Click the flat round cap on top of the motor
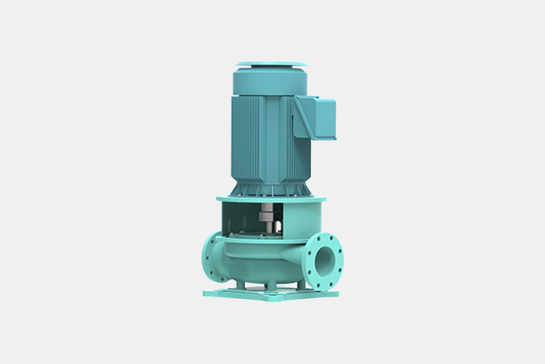coord(271,65)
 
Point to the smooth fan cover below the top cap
coord(270,81)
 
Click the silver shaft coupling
coord(267,218)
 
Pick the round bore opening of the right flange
coord(325,261)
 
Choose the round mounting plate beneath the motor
coord(270,199)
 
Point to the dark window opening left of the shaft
coord(244,218)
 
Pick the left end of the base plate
coord(208,290)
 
